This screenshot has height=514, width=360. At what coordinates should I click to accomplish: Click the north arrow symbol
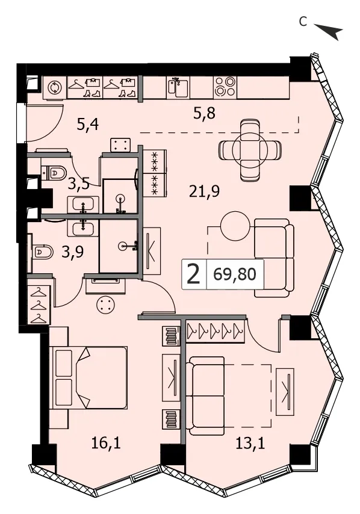click(x=329, y=31)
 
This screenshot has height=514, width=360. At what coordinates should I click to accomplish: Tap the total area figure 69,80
click(x=234, y=274)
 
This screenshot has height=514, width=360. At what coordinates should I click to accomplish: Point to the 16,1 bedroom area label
click(x=106, y=444)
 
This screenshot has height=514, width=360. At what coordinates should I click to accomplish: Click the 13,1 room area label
click(x=250, y=444)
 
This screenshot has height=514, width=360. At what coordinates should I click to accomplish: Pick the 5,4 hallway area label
click(x=88, y=125)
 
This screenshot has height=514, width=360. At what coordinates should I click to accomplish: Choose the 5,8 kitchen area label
click(x=204, y=113)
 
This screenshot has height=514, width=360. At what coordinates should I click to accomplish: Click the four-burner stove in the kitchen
click(x=225, y=87)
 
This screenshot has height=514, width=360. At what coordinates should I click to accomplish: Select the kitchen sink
click(x=178, y=87)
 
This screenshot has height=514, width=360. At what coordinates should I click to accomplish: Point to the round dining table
click(x=250, y=150)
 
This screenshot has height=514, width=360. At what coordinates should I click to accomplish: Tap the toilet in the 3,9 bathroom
click(x=43, y=252)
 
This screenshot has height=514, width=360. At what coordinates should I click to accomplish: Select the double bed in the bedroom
click(x=89, y=377)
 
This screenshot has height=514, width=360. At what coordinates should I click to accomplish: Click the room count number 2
click(x=193, y=274)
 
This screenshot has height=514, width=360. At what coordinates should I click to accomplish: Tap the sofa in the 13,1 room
click(x=205, y=395)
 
